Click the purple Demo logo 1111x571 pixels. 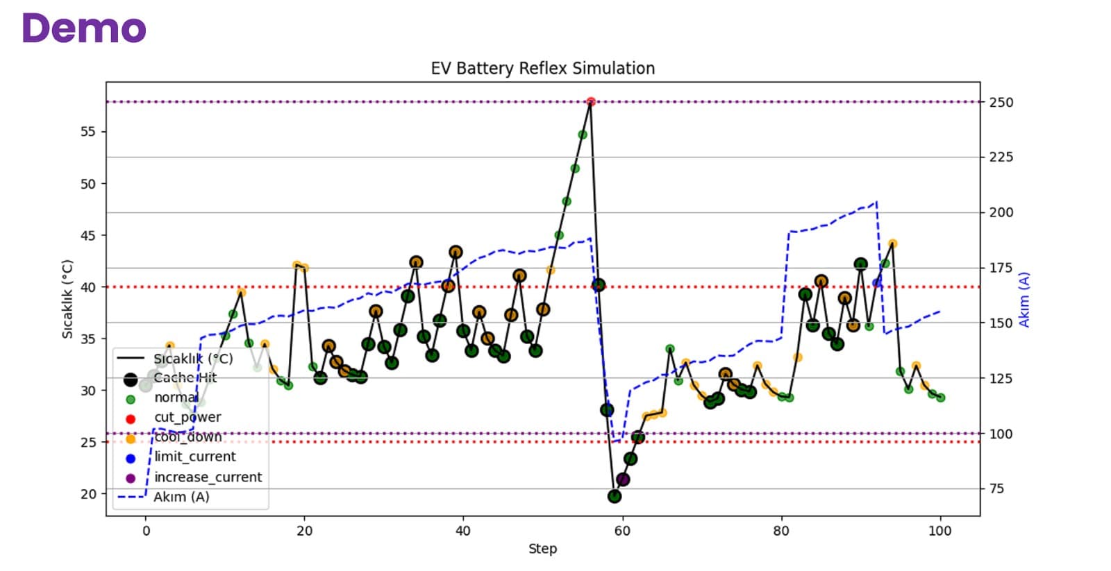[84, 28]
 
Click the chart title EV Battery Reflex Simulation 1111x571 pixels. [542, 68]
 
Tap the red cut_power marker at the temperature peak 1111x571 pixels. [591, 102]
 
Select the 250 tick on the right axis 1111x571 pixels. [1001, 102]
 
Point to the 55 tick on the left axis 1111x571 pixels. [88, 132]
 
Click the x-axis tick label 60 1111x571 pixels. [622, 531]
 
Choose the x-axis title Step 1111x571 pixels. [542, 549]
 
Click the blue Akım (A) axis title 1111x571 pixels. [1024, 299]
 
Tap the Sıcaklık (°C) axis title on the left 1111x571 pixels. [67, 299]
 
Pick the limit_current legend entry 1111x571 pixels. [194, 457]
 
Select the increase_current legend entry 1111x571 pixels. [208, 477]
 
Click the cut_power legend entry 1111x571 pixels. [187, 417]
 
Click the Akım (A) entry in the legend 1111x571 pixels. [181, 497]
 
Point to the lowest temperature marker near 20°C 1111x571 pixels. [614, 496]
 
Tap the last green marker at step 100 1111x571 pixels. [940, 398]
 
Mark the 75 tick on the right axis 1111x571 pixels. [996, 488]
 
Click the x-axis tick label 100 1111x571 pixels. [940, 531]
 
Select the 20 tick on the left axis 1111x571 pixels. [88, 494]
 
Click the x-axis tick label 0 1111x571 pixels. [146, 531]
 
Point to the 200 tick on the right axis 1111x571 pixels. [1001, 212]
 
